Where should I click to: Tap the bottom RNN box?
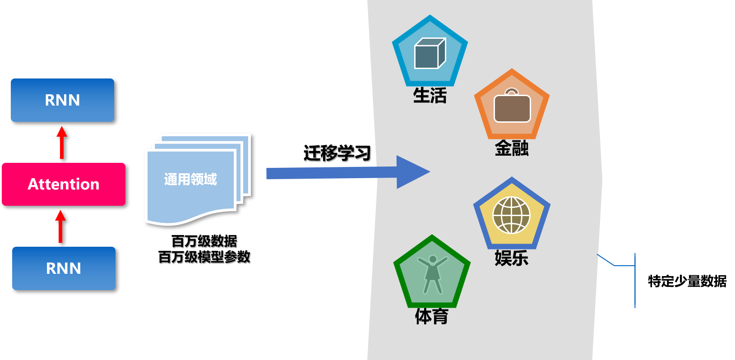click(x=64, y=268)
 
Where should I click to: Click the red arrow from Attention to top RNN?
click(x=62, y=143)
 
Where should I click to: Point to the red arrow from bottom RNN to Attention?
click(x=60, y=226)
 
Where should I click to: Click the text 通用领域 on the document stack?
click(x=190, y=179)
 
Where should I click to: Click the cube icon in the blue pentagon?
click(x=430, y=54)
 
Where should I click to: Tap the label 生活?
click(x=430, y=96)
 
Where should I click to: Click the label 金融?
click(x=512, y=148)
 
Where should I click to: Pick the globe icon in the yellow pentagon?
click(x=511, y=215)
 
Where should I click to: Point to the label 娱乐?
click(x=511, y=258)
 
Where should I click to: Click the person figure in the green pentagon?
click(x=432, y=274)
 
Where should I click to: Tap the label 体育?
click(x=431, y=316)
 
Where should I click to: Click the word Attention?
click(x=63, y=184)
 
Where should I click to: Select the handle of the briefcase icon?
click(x=512, y=92)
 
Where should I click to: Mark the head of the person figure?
click(x=433, y=259)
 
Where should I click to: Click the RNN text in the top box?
click(x=62, y=100)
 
